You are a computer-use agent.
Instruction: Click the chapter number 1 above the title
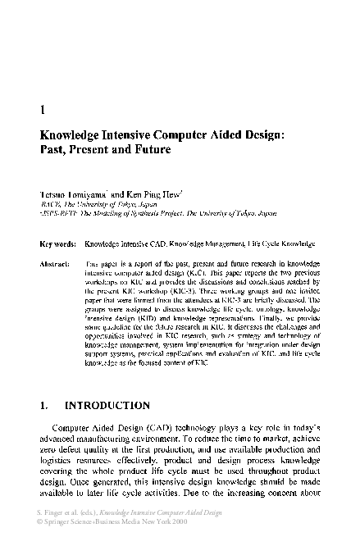point(42,107)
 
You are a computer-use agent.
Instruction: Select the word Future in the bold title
point(149,151)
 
